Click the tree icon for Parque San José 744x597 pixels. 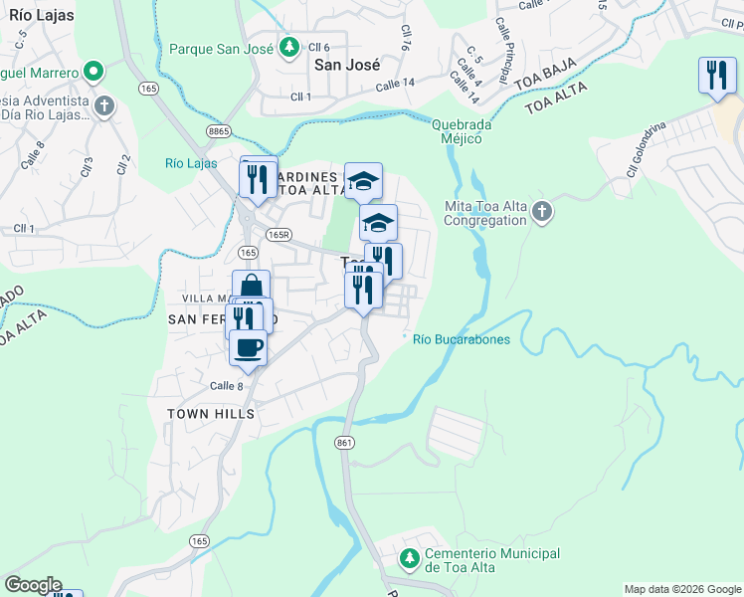tap(288, 48)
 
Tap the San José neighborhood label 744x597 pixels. tap(347, 65)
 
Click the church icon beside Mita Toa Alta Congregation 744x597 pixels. tap(541, 211)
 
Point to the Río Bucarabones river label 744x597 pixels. tap(462, 340)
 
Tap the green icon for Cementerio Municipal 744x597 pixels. tap(409, 560)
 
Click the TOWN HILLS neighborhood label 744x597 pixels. tap(211, 413)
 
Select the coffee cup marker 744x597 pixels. tap(248, 347)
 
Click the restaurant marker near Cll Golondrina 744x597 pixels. tap(717, 76)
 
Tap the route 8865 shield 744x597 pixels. tap(219, 130)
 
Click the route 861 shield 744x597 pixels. tap(345, 442)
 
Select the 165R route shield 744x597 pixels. tap(279, 235)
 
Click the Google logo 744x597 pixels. tap(33, 585)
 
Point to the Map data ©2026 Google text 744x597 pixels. tap(681, 589)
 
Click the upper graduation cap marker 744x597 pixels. tap(363, 180)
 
